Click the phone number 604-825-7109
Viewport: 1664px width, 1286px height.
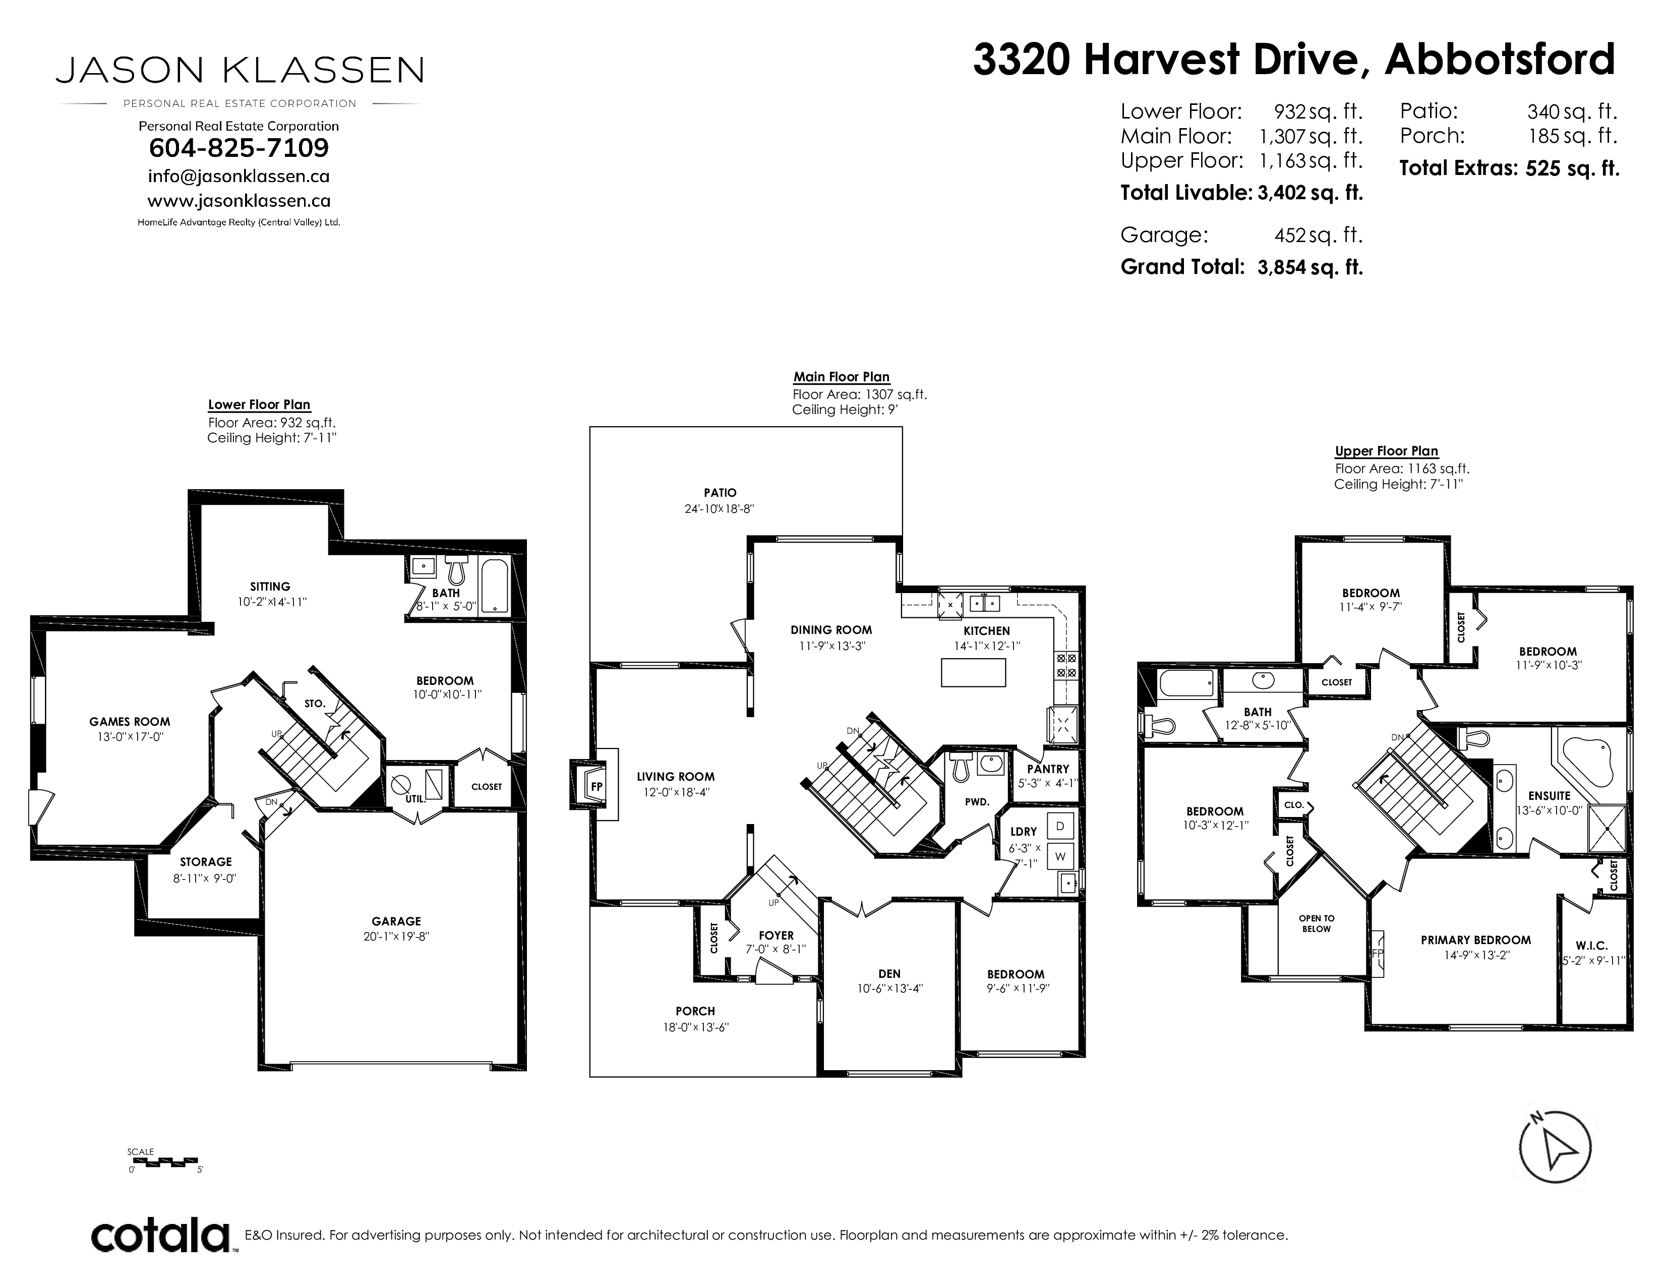239,148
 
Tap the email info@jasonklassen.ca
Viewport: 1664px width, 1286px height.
239,177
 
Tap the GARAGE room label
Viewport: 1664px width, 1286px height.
396,921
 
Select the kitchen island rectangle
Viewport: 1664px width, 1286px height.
973,673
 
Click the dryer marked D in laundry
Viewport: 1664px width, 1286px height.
1060,827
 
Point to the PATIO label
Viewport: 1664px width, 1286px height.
720,493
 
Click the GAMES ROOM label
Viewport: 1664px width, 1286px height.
130,722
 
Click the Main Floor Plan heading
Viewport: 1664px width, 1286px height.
841,377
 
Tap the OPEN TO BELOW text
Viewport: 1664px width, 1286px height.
1317,923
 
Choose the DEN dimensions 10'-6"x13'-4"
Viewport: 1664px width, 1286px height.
889,989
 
